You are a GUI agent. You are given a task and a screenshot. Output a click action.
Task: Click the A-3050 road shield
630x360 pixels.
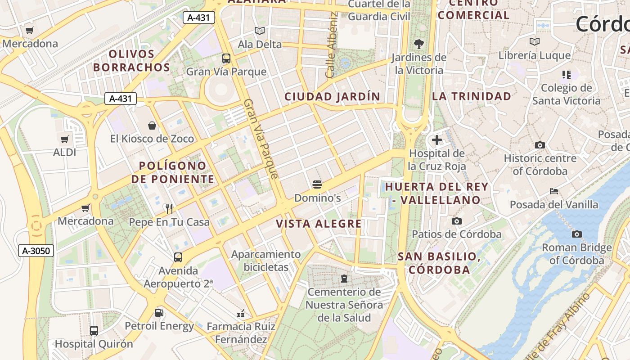pyautogui.click(x=36, y=251)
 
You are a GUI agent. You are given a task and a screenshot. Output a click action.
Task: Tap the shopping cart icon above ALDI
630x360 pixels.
pyautogui.click(x=65, y=139)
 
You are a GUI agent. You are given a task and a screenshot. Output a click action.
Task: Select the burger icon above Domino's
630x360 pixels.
pyautogui.click(x=317, y=184)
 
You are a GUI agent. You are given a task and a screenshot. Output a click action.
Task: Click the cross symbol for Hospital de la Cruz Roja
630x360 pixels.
pyautogui.click(x=436, y=140)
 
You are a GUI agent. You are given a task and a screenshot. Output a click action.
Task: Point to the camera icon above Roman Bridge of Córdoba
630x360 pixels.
pyautogui.click(x=576, y=234)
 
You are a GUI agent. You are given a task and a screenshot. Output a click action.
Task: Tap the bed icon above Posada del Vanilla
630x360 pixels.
pyautogui.click(x=554, y=191)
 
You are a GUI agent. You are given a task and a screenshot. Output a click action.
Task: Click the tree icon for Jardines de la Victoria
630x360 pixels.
pyautogui.click(x=419, y=44)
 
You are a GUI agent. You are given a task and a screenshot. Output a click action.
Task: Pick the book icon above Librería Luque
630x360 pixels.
pyautogui.click(x=535, y=42)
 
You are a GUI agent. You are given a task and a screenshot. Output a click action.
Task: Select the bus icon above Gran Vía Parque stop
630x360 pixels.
pyautogui.click(x=226, y=58)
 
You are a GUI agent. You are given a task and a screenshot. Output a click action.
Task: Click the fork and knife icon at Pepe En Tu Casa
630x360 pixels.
pyautogui.click(x=169, y=208)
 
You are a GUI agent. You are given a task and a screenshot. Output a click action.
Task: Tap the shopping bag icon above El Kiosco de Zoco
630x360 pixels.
pyautogui.click(x=152, y=125)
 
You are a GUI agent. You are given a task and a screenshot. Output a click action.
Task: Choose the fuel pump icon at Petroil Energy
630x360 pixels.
pyautogui.click(x=159, y=312)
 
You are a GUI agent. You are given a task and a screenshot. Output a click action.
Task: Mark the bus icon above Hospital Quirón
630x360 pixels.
pyautogui.click(x=94, y=331)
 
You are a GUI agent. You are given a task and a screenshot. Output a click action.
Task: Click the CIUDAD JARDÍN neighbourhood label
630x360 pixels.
pyautogui.click(x=332, y=96)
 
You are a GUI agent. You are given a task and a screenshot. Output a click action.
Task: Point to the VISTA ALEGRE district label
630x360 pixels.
pyautogui.click(x=319, y=224)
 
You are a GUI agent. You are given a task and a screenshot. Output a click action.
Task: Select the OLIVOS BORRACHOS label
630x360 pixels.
pyautogui.click(x=131, y=61)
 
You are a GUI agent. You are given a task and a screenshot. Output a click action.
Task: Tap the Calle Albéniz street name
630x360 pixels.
pyautogui.click(x=332, y=45)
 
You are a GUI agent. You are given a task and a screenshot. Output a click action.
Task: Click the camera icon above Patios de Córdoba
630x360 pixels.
pyautogui.click(x=457, y=221)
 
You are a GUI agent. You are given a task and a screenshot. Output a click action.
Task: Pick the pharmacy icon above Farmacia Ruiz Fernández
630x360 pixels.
pyautogui.click(x=241, y=313)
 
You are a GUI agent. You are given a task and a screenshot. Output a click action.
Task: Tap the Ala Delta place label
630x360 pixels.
pyautogui.click(x=260, y=45)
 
